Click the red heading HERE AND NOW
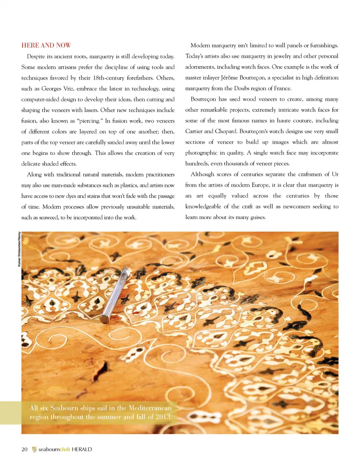(46, 45)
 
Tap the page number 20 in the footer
(25, 449)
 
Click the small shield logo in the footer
(34, 449)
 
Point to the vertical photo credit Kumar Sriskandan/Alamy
(19, 249)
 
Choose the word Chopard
(225, 131)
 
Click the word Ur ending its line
(335, 174)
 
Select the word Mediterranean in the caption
(150, 408)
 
